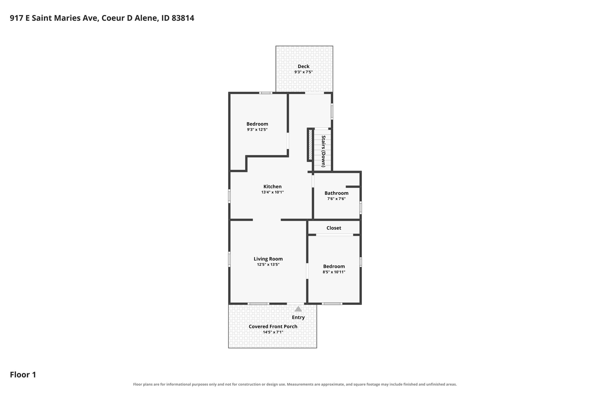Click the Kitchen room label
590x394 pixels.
pos(273,187)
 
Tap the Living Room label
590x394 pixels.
pos(268,259)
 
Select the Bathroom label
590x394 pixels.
pos(336,193)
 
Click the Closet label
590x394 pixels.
pos(334,228)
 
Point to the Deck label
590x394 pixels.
pos(304,66)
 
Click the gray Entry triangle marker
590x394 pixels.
pos(298,309)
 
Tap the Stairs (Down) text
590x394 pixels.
pos(324,151)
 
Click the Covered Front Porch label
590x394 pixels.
pos(273,326)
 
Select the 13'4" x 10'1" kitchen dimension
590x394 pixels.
pos(273,192)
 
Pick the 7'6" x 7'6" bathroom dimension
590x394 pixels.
pos(336,199)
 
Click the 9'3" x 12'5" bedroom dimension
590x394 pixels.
pos(257,130)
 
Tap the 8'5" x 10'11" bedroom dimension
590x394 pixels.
pos(334,272)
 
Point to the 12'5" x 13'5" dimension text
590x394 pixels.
pos(268,265)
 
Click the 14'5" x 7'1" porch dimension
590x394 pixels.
pos(273,332)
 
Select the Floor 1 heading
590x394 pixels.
pos(23,375)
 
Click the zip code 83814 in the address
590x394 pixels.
pos(183,18)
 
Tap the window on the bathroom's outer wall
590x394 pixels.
pos(361,208)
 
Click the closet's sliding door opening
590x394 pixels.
pos(334,235)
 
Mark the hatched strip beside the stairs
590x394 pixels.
pos(310,145)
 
